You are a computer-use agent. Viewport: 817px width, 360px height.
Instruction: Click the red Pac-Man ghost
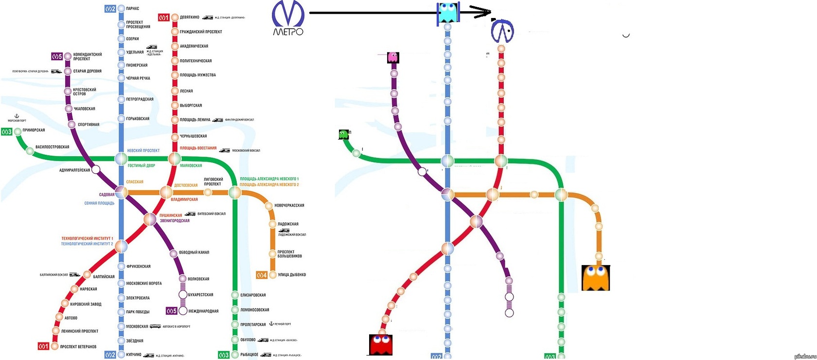381,344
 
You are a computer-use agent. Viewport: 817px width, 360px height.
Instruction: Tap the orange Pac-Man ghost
595,278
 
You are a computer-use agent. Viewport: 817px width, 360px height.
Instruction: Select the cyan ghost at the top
448,13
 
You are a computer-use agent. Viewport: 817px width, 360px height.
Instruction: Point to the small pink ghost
392,57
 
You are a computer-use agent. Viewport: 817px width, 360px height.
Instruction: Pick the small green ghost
344,134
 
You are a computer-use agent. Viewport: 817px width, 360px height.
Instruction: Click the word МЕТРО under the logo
288,32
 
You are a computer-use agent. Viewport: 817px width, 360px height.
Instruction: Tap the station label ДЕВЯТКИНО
189,18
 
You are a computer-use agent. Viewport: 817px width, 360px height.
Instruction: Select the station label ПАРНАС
132,9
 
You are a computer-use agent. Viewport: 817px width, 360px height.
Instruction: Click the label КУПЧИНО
133,355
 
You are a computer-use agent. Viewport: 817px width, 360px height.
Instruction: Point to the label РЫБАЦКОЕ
249,355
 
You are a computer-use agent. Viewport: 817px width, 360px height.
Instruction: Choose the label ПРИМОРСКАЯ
34,130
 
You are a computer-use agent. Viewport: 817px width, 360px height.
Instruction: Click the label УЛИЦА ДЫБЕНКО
291,275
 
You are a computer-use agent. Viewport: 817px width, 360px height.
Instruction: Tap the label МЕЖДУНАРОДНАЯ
203,311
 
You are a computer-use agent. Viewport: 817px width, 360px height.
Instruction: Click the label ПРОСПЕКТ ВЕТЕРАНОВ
78,347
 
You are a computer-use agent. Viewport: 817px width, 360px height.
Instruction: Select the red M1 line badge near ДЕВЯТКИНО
164,18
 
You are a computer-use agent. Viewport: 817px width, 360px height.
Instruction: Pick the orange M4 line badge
262,275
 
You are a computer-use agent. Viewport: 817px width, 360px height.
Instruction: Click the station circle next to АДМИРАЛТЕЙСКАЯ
96,170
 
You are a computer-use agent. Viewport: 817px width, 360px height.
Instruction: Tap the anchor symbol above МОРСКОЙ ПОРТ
17,116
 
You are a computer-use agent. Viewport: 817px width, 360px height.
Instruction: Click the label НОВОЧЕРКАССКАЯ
289,206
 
